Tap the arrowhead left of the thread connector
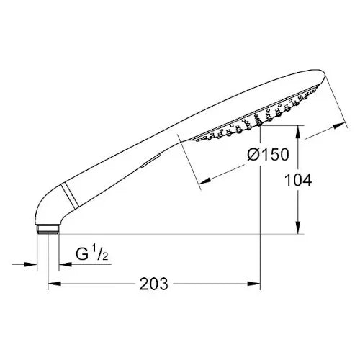click(32, 264)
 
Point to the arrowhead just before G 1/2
click(63, 264)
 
